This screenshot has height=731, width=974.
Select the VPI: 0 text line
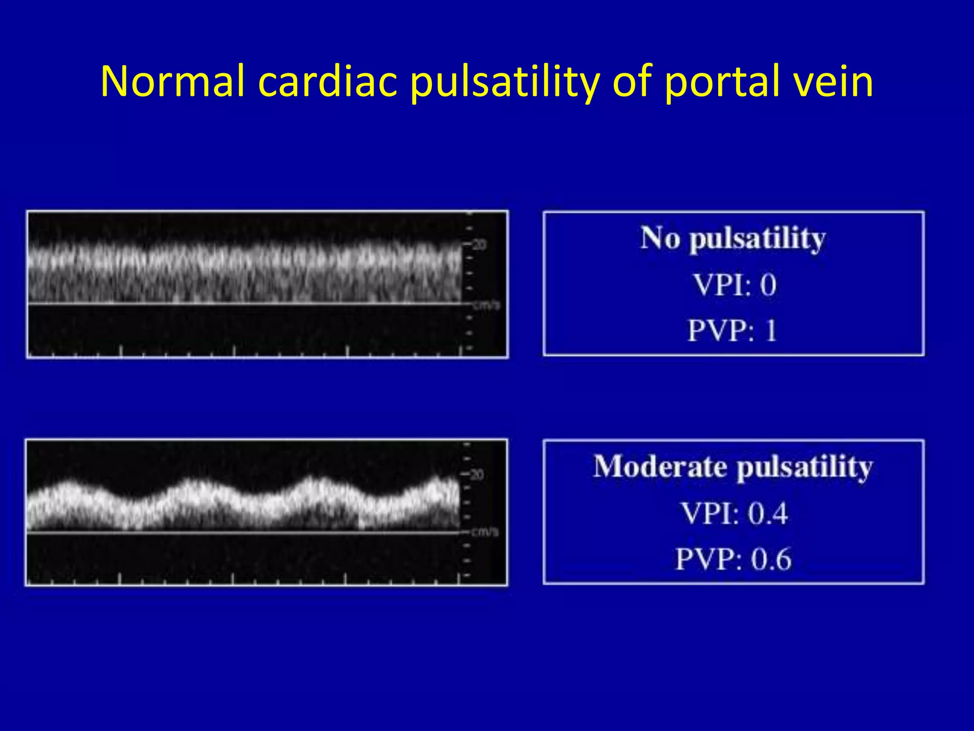tap(734, 285)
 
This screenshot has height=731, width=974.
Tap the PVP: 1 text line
tap(732, 330)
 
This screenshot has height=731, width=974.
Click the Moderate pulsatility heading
tap(733, 467)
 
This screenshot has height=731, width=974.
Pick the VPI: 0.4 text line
tap(734, 514)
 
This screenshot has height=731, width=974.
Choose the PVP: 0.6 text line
tap(733, 559)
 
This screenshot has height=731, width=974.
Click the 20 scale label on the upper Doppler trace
tap(479, 245)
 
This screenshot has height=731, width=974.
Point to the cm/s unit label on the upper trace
tap(486, 305)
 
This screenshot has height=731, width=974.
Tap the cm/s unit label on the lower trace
tap(485, 532)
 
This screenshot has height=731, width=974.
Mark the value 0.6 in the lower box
tap(770, 559)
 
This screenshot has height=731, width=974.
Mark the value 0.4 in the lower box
tap(768, 514)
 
